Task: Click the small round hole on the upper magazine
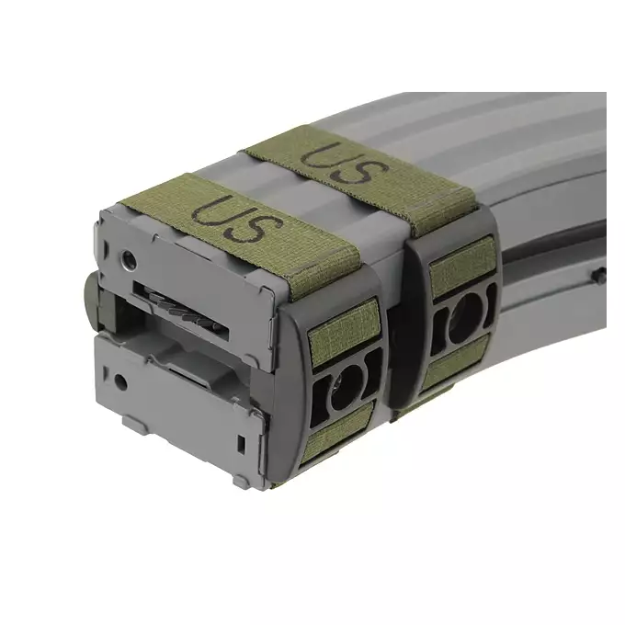131,262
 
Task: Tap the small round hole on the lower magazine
119,379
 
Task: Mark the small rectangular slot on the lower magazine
241,443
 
